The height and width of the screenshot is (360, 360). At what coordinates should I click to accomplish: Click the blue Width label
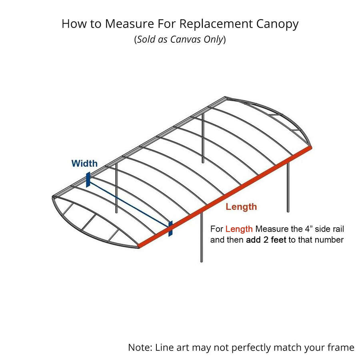[84, 164]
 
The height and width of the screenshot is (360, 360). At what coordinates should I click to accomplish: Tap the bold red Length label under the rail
[241, 207]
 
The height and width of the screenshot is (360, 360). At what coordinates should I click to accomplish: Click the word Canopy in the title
[277, 24]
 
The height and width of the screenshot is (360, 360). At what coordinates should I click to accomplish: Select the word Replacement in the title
[216, 24]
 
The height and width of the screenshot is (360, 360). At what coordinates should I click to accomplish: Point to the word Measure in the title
[130, 24]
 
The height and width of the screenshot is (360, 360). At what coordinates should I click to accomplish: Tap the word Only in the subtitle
[214, 40]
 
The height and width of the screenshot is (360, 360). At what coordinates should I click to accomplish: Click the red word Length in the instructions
[239, 229]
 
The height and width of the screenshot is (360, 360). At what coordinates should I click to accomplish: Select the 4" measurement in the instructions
[309, 229]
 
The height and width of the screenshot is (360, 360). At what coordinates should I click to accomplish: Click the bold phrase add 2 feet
[266, 240]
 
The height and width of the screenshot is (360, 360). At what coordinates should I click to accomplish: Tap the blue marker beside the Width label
[88, 180]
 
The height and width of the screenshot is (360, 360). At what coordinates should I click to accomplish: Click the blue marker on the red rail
[170, 228]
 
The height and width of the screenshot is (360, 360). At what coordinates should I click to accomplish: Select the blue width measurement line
[129, 204]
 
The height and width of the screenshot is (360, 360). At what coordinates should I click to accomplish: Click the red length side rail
[225, 197]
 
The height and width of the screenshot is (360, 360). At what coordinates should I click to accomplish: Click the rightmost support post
[288, 186]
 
